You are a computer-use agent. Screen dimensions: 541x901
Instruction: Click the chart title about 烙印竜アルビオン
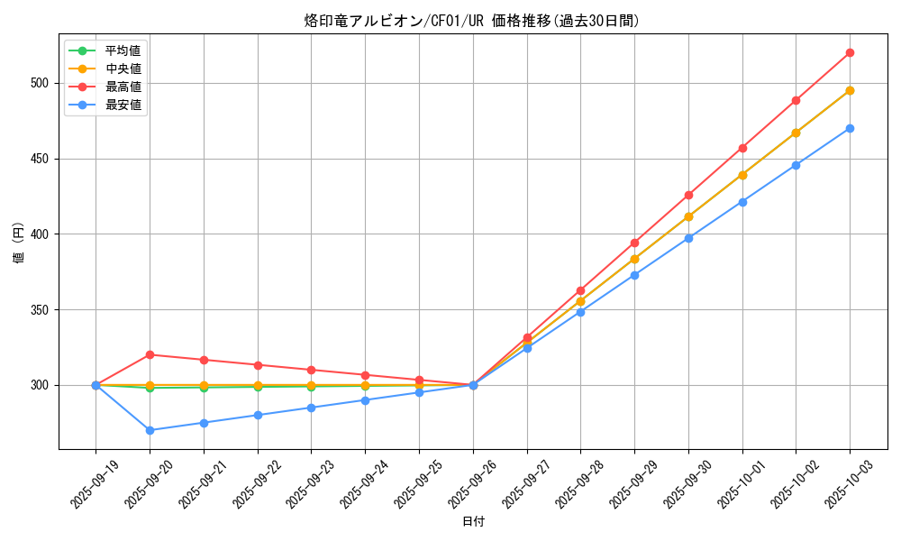click(472, 21)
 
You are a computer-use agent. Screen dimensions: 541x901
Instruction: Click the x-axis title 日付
click(473, 522)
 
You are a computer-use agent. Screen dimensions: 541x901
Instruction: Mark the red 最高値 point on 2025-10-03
click(850, 52)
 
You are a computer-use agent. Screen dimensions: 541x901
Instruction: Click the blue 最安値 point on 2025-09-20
click(150, 430)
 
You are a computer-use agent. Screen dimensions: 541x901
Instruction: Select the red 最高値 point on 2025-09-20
click(150, 354)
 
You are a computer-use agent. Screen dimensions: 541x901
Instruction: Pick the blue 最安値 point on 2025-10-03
click(850, 128)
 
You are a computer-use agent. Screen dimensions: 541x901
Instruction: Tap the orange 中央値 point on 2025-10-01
click(742, 175)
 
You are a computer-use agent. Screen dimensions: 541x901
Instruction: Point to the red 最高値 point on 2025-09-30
click(688, 195)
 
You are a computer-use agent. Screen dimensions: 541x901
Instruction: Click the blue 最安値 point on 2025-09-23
click(311, 408)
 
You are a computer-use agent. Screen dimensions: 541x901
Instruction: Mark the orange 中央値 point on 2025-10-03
click(850, 90)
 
